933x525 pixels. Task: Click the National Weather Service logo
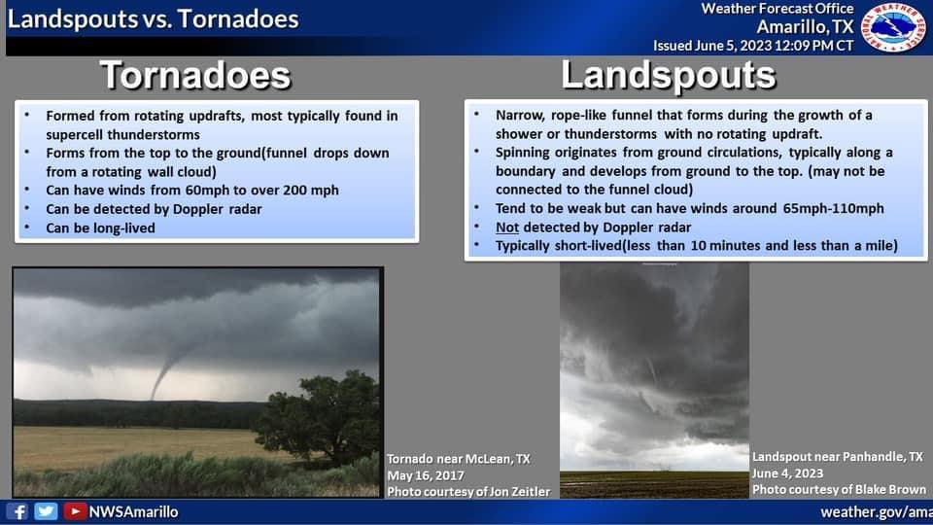894,27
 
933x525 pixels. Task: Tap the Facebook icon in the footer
17,512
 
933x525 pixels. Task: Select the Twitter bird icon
46,512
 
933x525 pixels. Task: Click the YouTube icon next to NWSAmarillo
75,512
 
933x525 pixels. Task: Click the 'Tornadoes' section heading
195,75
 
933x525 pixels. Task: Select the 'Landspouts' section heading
669,76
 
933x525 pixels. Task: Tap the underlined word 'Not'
507,227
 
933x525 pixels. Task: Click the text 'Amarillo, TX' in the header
805,27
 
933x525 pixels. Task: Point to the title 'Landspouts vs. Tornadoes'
153,19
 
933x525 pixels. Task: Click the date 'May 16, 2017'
426,475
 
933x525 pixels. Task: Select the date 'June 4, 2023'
788,473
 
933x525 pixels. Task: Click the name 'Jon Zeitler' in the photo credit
515,492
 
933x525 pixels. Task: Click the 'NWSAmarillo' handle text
133,512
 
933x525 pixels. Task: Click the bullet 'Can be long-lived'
100,227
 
